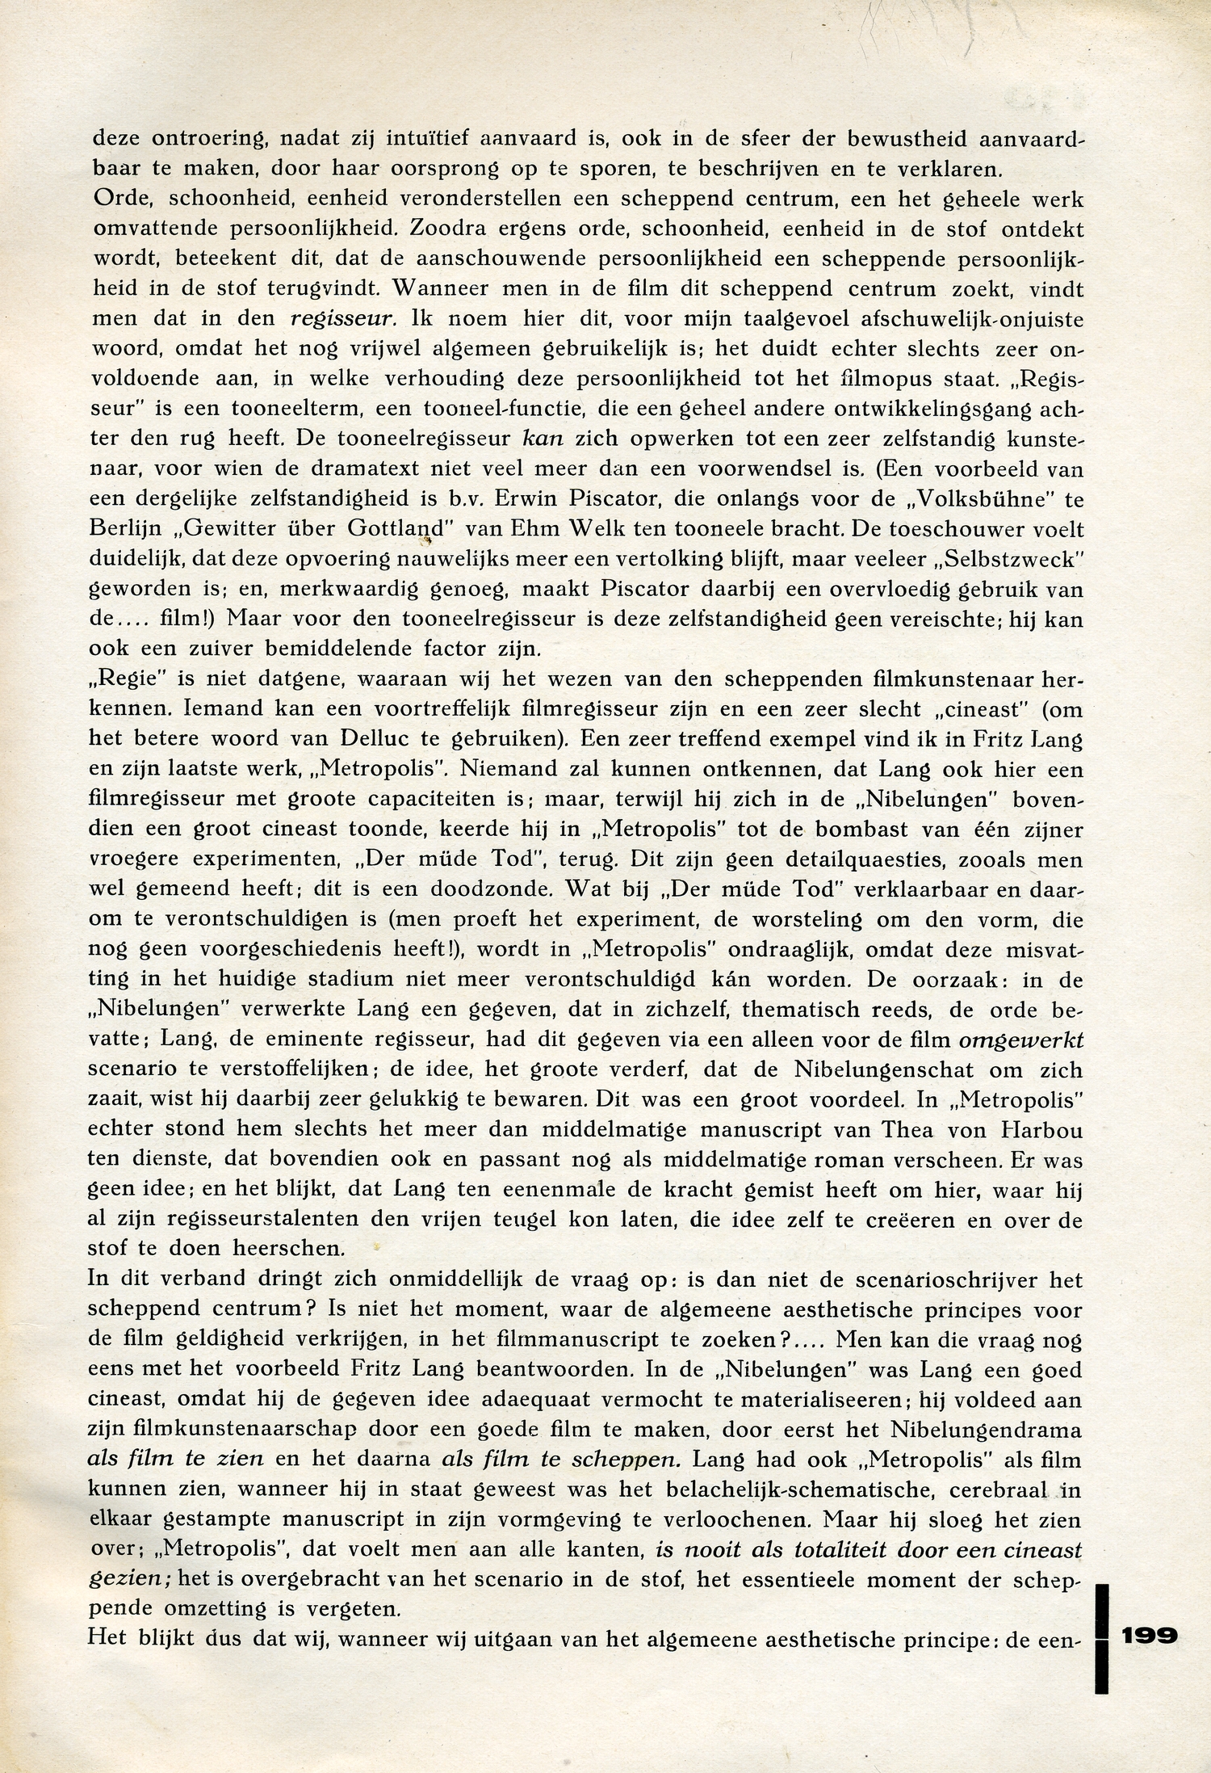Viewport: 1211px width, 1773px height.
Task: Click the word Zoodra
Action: click(x=458, y=229)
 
